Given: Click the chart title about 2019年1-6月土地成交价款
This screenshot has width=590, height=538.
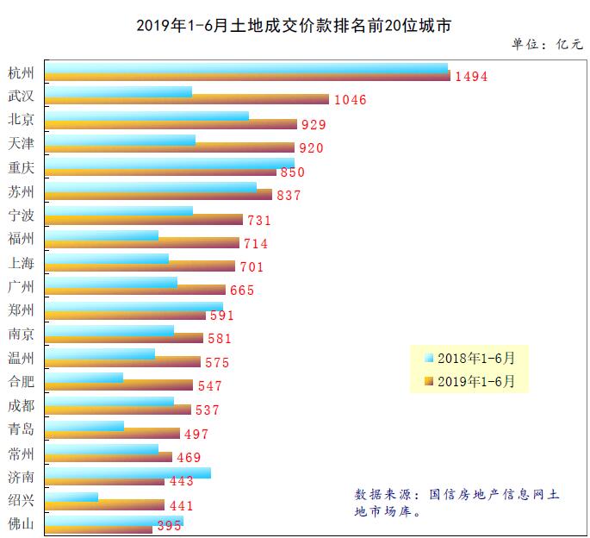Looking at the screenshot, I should (294, 24).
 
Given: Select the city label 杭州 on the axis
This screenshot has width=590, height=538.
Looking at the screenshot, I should (21, 71).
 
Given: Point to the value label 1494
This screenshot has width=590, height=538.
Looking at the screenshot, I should (471, 77).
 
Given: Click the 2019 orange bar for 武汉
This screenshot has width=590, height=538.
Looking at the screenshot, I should (187, 99).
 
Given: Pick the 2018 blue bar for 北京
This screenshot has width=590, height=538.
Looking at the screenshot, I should (146, 116).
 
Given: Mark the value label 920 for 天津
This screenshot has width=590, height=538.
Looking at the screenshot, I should (311, 148).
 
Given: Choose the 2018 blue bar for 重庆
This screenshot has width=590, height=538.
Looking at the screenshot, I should (170, 163).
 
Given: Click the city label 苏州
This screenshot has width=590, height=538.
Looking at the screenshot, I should (21, 191).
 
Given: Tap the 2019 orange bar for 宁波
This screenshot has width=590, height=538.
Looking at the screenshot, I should (144, 219).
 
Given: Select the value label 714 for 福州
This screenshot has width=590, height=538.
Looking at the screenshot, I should (256, 244).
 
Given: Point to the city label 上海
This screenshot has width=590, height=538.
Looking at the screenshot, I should (21, 262).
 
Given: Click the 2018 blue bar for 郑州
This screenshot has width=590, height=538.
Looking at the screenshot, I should (134, 306).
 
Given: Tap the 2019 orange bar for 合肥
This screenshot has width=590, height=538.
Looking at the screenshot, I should (119, 385).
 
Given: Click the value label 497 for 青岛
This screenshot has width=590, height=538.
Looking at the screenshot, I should (196, 435).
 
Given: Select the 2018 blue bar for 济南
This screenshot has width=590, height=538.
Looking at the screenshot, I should (127, 472).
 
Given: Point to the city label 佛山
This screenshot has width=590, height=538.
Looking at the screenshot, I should (21, 523).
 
